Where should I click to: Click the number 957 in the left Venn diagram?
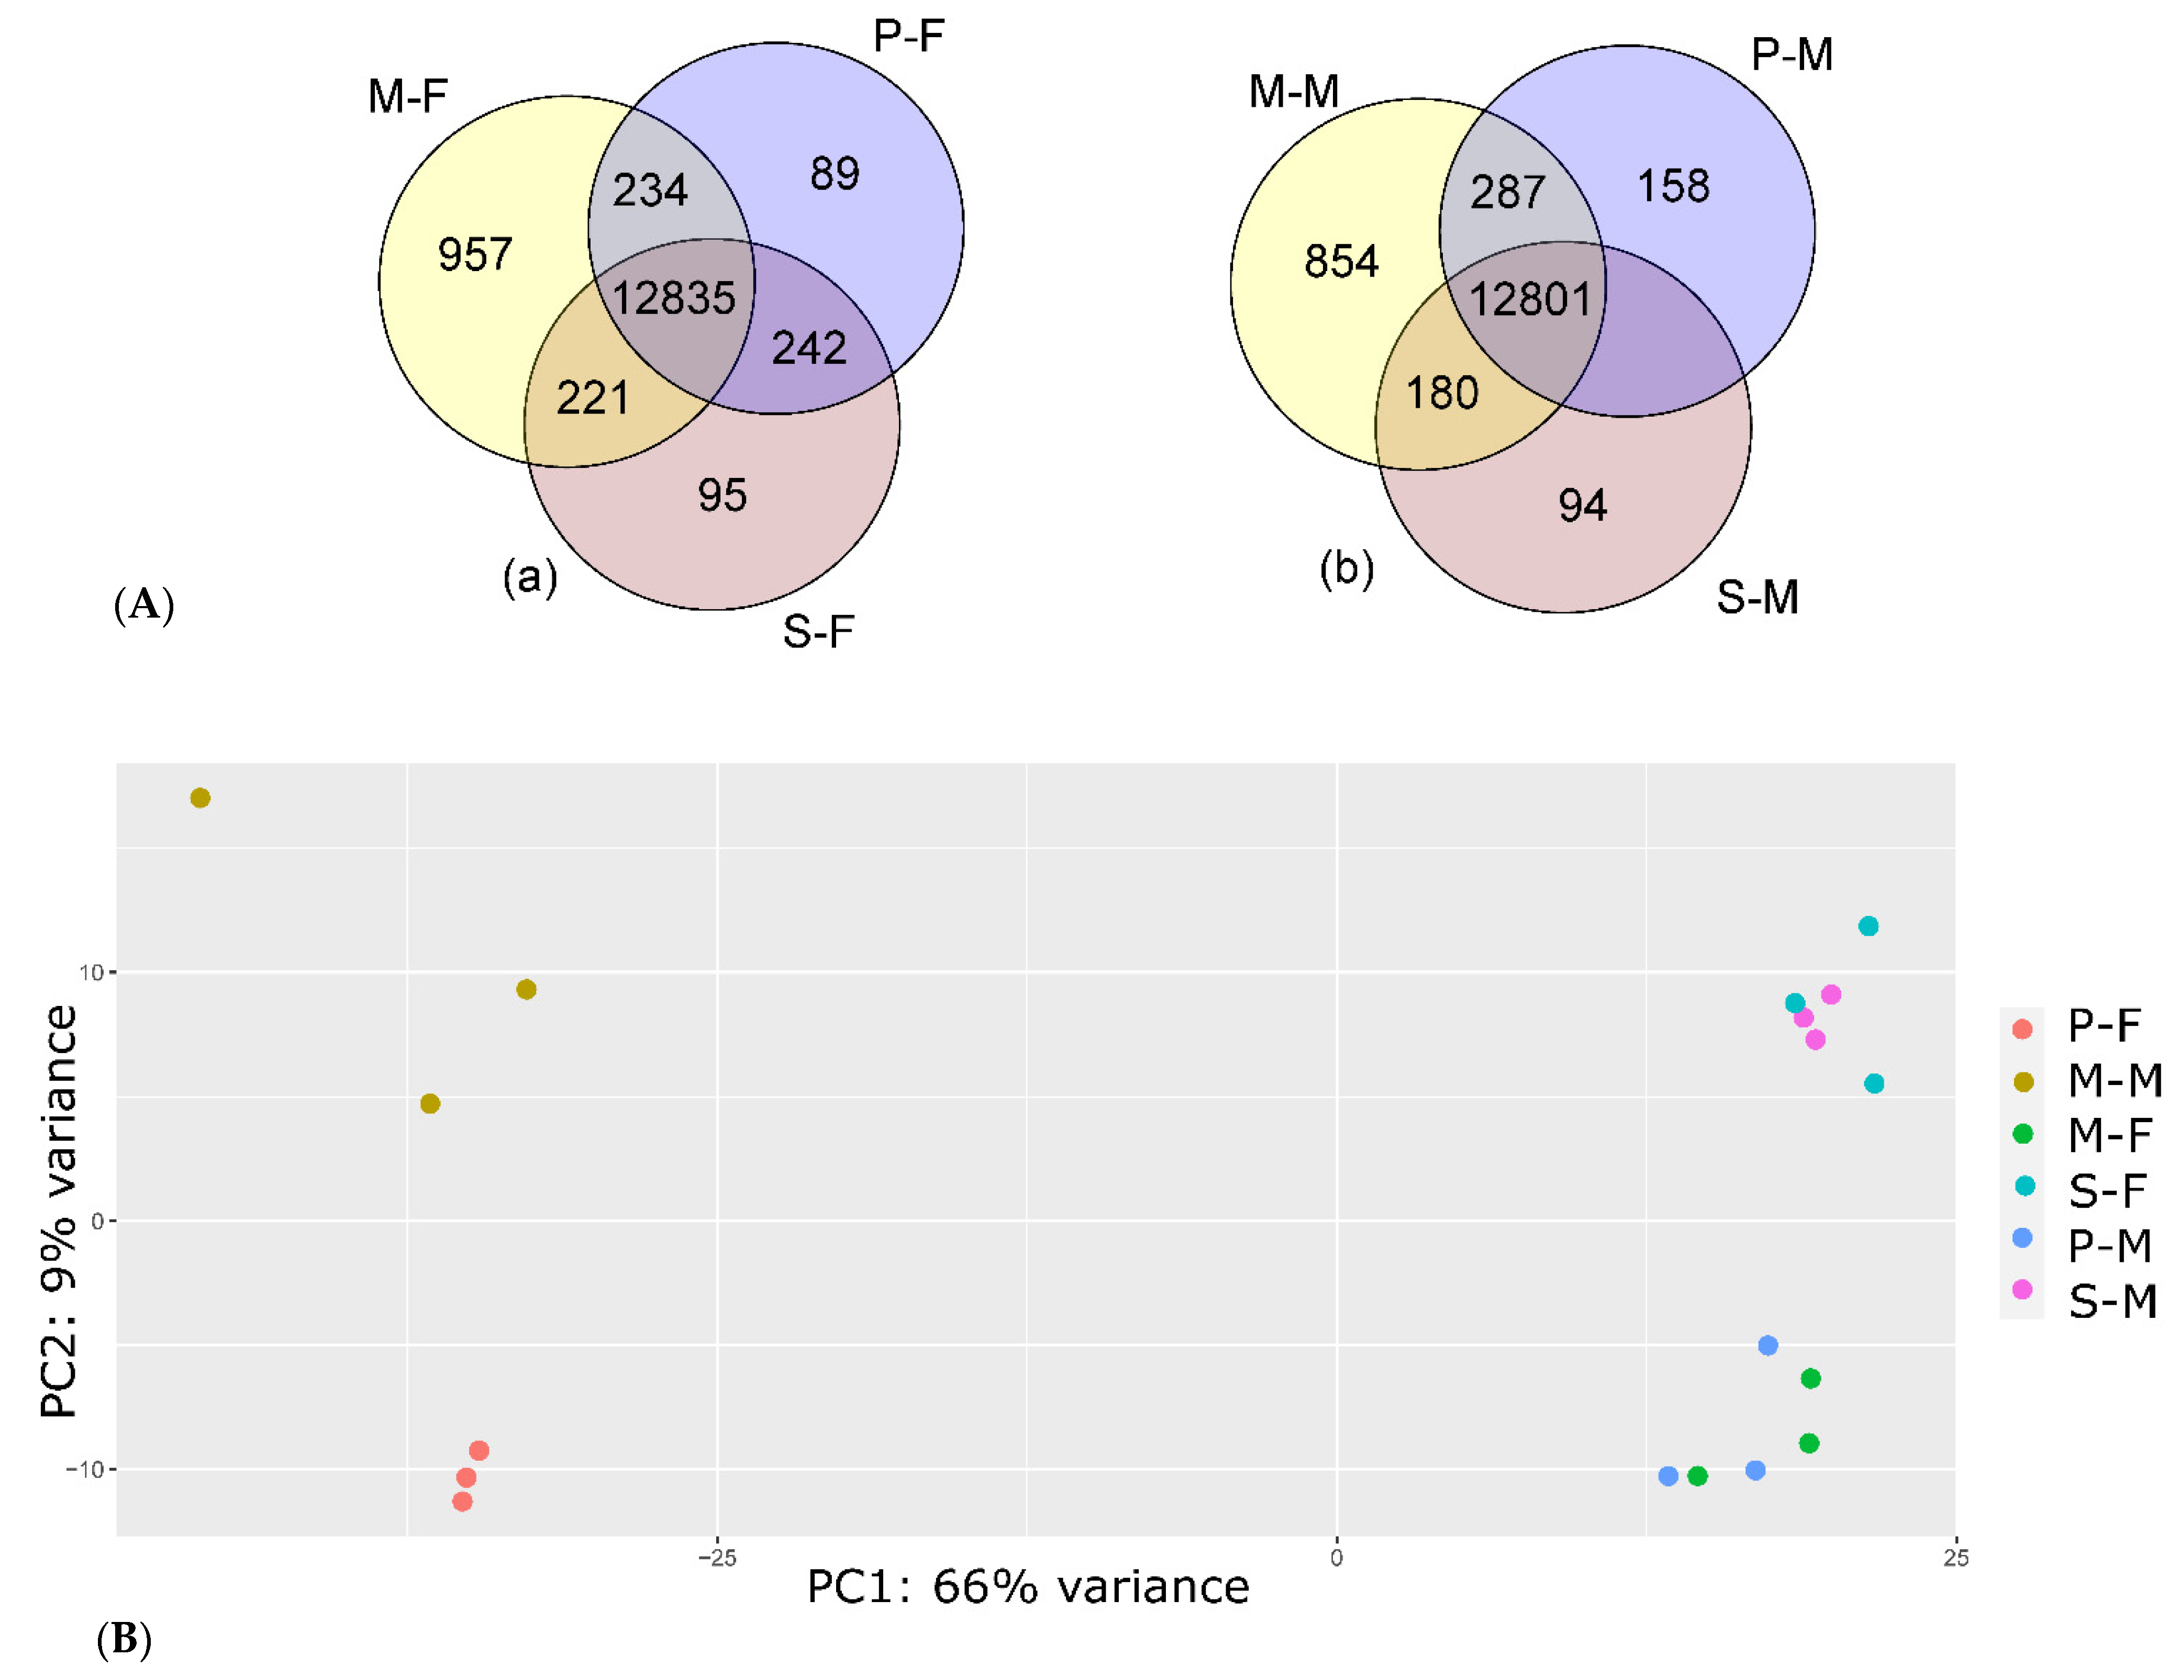tap(475, 254)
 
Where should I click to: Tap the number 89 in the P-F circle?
tap(834, 174)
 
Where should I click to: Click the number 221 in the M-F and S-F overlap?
tap(593, 398)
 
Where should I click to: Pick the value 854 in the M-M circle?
tap(1341, 261)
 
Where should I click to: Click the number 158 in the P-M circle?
tap(1673, 186)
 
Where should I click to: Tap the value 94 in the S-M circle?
tap(1582, 506)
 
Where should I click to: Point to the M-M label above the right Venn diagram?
tap(1293, 92)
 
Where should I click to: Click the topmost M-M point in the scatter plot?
tap(201, 798)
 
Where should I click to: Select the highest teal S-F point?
tap(1867, 927)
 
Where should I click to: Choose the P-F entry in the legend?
tap(2103, 1025)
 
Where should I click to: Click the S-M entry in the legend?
tap(2111, 1302)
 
